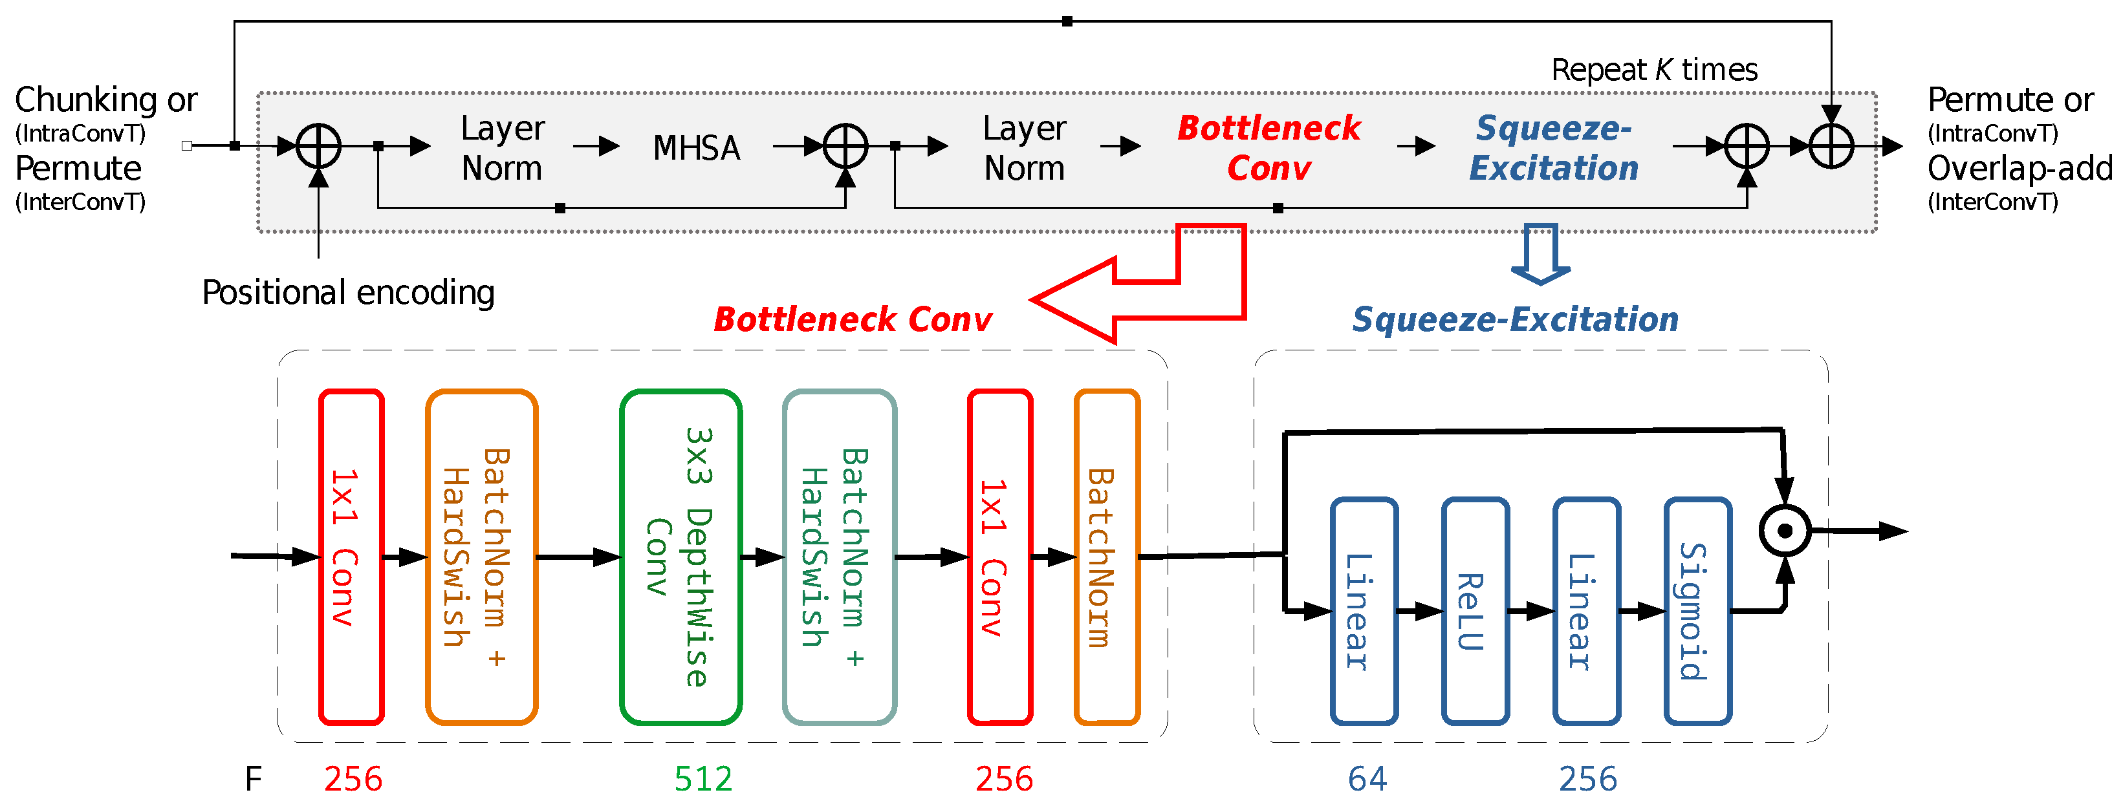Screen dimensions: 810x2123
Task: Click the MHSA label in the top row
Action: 697,148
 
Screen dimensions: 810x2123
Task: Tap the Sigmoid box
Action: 1697,612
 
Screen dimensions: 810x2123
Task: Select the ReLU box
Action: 1475,612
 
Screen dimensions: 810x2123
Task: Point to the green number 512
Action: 703,779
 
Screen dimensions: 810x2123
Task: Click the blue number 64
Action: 1367,779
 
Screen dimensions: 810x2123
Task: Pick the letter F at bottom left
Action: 253,779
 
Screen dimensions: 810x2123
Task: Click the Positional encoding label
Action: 348,293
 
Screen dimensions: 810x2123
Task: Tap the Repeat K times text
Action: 1654,70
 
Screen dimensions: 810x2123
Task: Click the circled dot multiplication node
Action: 1784,531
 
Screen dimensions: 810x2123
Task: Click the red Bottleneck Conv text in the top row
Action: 1268,148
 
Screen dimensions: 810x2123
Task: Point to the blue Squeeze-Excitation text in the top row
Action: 1554,148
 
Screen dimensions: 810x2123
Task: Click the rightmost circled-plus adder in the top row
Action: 1831,147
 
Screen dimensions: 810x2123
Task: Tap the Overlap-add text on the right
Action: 2019,169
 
